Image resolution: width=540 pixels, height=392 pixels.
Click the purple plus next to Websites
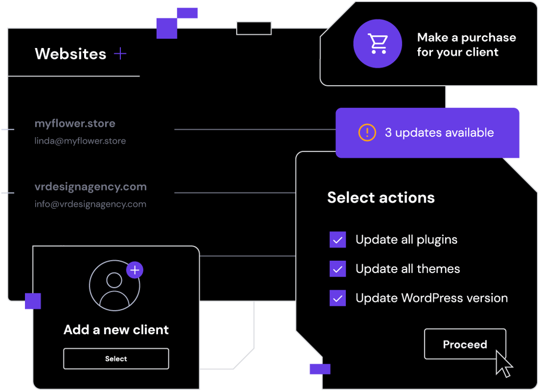pyautogui.click(x=120, y=54)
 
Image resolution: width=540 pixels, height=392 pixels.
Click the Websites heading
pyautogui.click(x=70, y=54)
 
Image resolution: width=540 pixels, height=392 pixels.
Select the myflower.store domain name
pyautogui.click(x=75, y=124)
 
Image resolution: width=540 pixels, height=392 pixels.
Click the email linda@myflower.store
pyautogui.click(x=80, y=141)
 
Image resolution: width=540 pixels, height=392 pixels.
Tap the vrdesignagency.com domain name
pyautogui.click(x=91, y=187)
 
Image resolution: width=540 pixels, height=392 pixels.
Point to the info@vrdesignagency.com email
pyautogui.click(x=90, y=204)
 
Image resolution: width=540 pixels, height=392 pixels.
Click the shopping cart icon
pyautogui.click(x=377, y=43)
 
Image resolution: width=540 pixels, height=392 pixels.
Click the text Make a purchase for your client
pyautogui.click(x=466, y=44)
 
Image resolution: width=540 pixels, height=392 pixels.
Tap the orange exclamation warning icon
pyautogui.click(x=367, y=132)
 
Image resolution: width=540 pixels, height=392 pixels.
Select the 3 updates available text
pyautogui.click(x=440, y=133)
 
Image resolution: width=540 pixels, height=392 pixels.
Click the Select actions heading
pyautogui.click(x=381, y=198)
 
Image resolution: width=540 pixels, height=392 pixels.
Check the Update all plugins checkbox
pyautogui.click(x=338, y=239)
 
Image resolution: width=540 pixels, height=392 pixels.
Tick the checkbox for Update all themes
pyautogui.click(x=338, y=269)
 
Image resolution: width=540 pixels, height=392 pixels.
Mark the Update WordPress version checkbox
pyautogui.click(x=338, y=298)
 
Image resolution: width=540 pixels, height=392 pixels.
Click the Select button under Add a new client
pyautogui.click(x=116, y=358)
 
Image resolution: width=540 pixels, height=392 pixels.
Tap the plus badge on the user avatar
pyautogui.click(x=135, y=270)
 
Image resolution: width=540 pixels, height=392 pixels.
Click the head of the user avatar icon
pyautogui.click(x=114, y=280)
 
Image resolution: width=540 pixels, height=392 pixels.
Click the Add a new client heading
pyautogui.click(x=116, y=330)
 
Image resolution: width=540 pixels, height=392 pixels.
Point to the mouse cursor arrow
pyautogui.click(x=504, y=363)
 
